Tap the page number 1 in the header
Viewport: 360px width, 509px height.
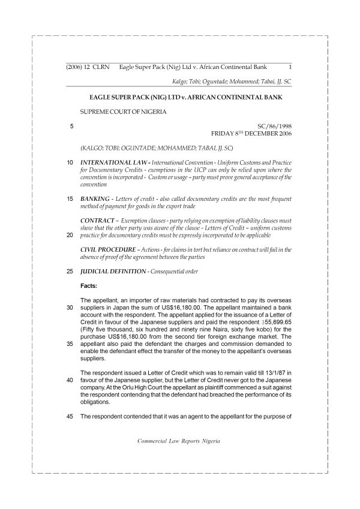coord(290,67)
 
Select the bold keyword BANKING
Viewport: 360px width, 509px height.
coord(94,198)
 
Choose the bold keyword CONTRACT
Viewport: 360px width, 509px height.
coord(97,221)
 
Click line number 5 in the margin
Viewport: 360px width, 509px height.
coord(71,127)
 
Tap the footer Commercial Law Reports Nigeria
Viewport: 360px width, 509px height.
coord(179,441)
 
